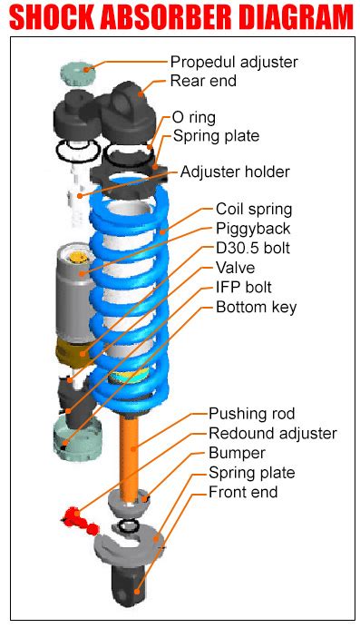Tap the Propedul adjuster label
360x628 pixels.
coord(234,63)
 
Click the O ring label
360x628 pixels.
coord(194,118)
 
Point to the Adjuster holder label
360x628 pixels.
coord(235,172)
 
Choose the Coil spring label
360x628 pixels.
coord(254,210)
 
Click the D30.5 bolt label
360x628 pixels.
coord(253,249)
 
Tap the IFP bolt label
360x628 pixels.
coord(247,288)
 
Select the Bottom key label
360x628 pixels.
coord(256,308)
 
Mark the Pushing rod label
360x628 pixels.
coord(252,414)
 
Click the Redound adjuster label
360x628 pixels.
coord(272,434)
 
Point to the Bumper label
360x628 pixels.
coord(237,453)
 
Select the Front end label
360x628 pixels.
coord(243,493)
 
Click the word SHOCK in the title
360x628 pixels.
coord(64,18)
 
